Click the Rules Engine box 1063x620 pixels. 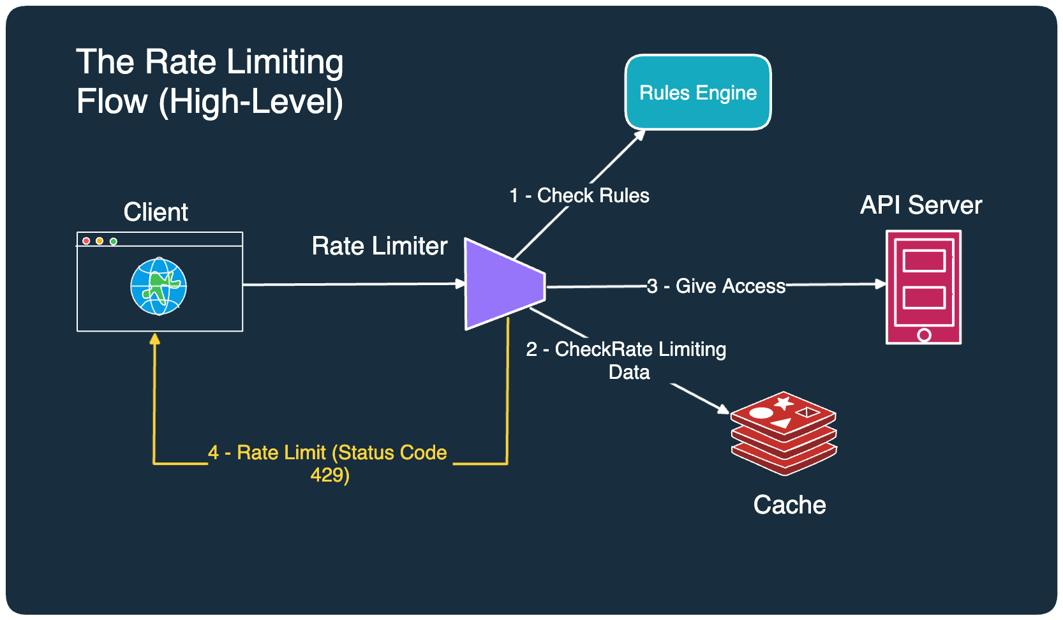(x=698, y=92)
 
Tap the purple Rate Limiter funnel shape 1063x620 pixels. (x=501, y=284)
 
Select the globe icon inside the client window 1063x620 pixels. (x=158, y=286)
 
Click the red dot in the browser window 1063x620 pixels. (x=86, y=241)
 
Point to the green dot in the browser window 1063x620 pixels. (x=114, y=241)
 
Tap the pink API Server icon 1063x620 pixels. (x=923, y=287)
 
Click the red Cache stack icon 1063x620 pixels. (x=784, y=434)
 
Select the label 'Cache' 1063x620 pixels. (x=789, y=505)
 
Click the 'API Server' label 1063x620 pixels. (x=921, y=205)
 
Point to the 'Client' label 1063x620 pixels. (x=156, y=212)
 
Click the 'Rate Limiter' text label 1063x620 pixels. (x=380, y=246)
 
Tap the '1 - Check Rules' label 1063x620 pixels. (x=579, y=195)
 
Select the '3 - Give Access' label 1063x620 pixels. (x=716, y=286)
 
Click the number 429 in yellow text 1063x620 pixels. (x=329, y=475)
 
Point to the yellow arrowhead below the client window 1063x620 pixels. (x=154, y=339)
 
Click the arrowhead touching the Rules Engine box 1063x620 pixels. (x=640, y=135)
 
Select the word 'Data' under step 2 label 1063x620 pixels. (x=629, y=372)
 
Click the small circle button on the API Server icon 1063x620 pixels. (x=924, y=334)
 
